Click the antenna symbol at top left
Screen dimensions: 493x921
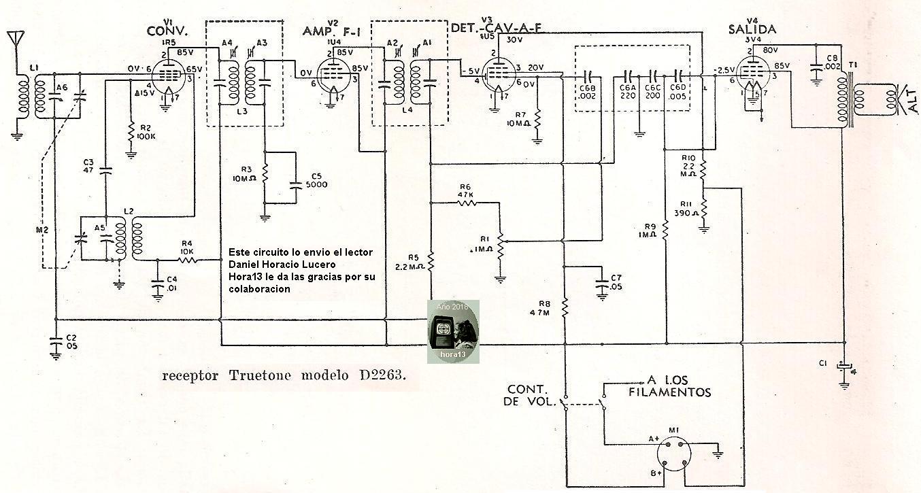(14, 39)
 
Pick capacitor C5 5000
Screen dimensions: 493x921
(295, 184)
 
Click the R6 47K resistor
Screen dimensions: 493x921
(466, 202)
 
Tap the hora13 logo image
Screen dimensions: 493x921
(453, 331)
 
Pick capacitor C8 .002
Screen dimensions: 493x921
(816, 67)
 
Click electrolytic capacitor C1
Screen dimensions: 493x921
(844, 364)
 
